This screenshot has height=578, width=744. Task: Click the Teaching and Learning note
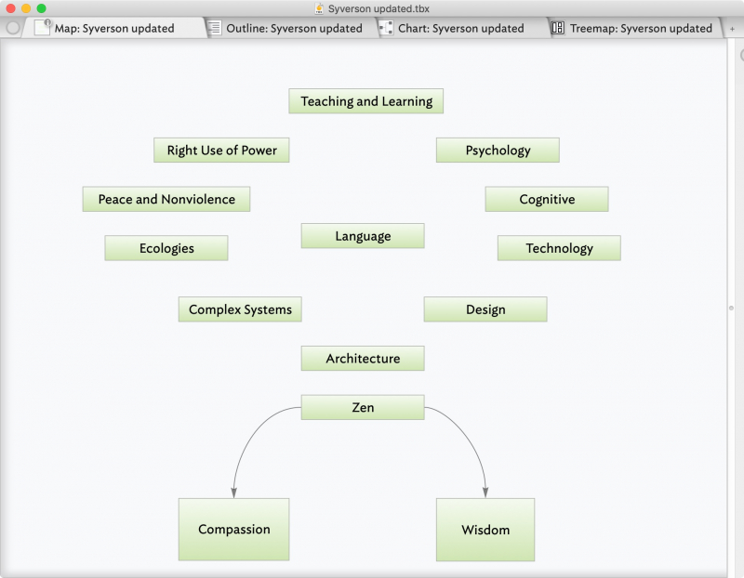click(365, 101)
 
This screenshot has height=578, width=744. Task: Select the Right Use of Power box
click(221, 151)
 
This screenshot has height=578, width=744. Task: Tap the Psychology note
click(498, 151)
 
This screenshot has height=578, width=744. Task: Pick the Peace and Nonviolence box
click(166, 199)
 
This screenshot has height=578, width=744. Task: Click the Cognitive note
click(547, 199)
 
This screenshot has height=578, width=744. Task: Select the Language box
click(363, 236)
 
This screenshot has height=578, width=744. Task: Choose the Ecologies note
click(166, 248)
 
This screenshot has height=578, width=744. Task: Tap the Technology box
click(559, 248)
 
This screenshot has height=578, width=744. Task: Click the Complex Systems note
click(240, 309)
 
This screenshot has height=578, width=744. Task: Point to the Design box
click(485, 309)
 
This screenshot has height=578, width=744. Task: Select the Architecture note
click(363, 358)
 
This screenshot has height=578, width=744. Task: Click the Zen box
click(363, 407)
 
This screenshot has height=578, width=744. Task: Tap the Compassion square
click(234, 529)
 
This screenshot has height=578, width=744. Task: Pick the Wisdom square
click(485, 530)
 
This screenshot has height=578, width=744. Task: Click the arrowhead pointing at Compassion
click(234, 493)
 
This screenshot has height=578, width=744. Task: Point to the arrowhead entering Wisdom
click(485, 493)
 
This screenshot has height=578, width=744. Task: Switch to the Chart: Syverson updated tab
click(459, 28)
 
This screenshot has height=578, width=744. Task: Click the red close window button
click(10, 8)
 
